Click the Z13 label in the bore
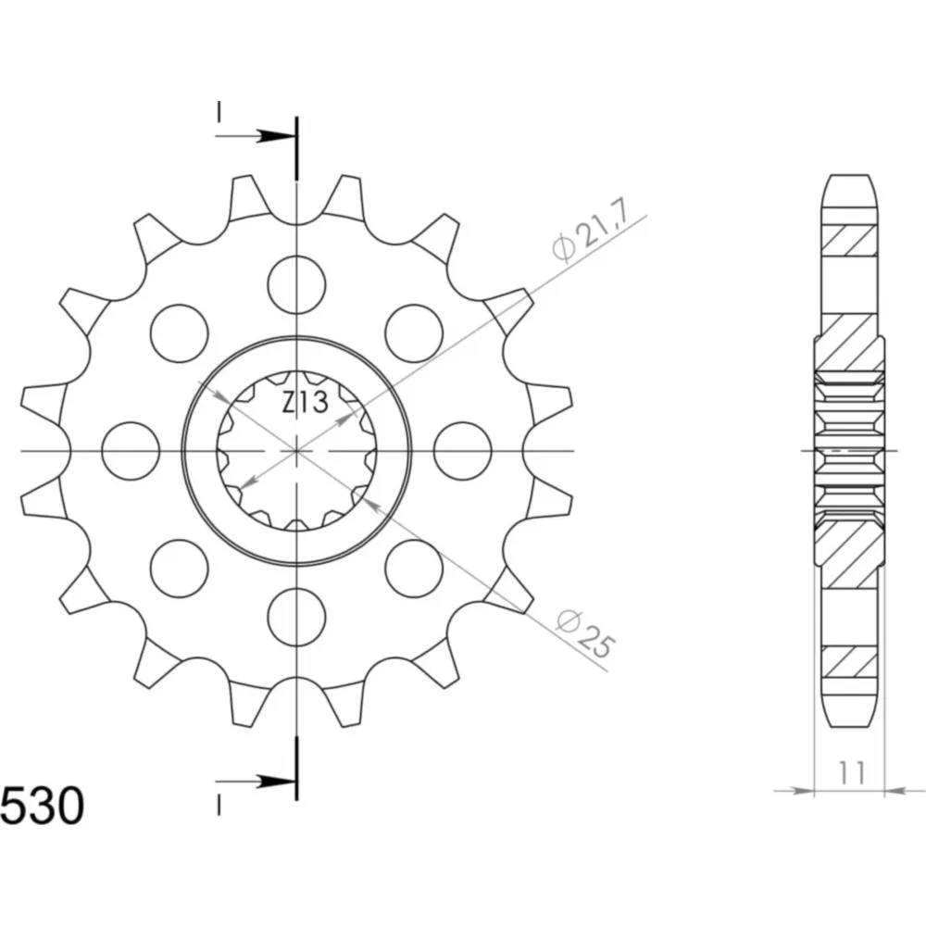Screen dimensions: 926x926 pos(305,404)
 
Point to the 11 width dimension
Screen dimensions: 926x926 pos(851,772)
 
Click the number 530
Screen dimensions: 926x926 pos(43,807)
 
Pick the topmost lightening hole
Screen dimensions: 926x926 pos(296,284)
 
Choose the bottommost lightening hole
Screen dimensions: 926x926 pos(296,617)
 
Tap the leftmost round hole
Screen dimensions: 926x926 pos(131,451)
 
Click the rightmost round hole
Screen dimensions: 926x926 pos(462,451)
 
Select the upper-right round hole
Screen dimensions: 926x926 pos(414,333)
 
